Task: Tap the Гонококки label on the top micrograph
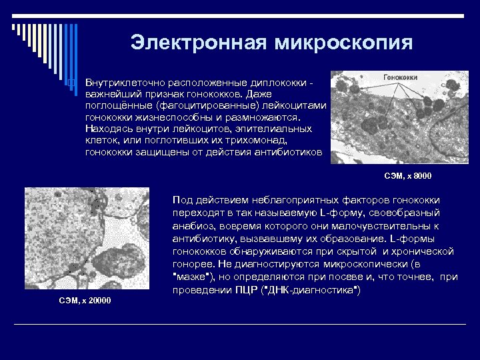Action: pyautogui.click(x=401, y=77)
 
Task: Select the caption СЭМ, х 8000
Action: pyautogui.click(x=408, y=176)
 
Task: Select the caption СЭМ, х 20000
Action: pyautogui.click(x=84, y=301)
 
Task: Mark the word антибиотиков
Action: pyautogui.click(x=286, y=153)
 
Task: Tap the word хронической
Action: pyautogui.click(x=423, y=251)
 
